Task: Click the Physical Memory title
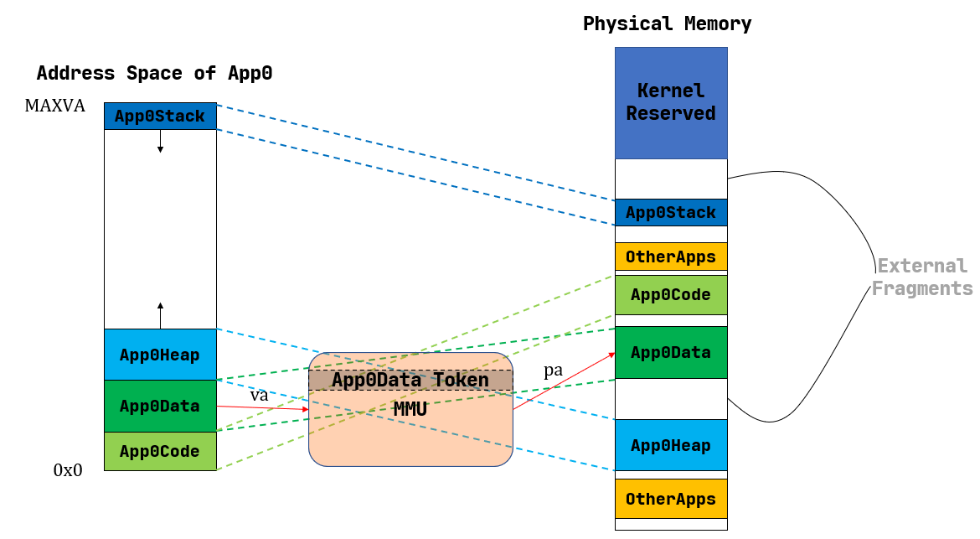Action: coord(667,23)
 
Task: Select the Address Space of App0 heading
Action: coord(154,74)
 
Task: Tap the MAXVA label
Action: coord(54,106)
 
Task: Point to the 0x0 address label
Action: coord(68,470)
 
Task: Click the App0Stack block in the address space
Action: coord(160,117)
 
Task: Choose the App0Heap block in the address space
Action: coord(160,355)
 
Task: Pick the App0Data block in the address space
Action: coord(160,407)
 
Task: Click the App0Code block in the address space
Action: coord(160,452)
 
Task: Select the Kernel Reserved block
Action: coord(671,102)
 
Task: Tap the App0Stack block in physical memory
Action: coord(671,213)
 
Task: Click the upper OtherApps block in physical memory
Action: coord(671,257)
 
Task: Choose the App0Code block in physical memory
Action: coord(671,295)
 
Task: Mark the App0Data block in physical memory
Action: coord(671,352)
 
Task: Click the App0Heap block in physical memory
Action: coord(671,445)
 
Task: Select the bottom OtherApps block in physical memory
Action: coord(671,500)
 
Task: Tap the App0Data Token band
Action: coord(410,381)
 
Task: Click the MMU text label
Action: coord(410,410)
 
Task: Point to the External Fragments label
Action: coord(921,277)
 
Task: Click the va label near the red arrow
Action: coord(259,395)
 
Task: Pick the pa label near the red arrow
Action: coord(553,371)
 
